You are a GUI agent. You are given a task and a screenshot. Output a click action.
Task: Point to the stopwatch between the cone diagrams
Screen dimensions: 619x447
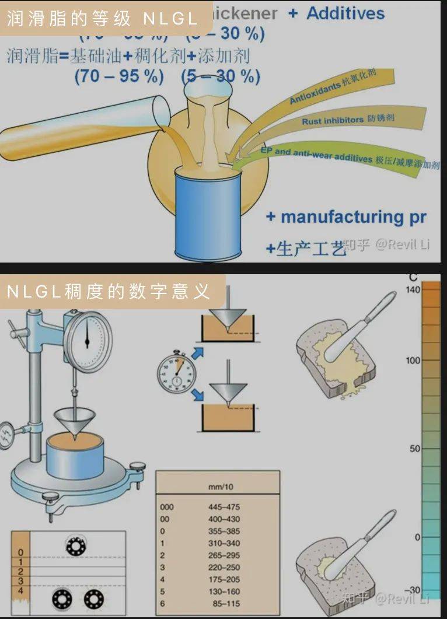coord(177,373)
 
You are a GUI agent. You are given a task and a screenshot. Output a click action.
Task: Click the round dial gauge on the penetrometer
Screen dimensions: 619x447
coord(88,341)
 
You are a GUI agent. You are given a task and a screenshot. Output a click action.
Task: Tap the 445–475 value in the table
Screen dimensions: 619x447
coord(223,507)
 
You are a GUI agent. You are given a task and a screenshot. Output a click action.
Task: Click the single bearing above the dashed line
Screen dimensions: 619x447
coord(75,546)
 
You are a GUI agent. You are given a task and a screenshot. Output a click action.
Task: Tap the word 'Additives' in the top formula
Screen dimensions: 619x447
coord(345,13)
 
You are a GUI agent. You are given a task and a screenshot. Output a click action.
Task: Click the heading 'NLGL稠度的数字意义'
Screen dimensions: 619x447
coord(109,291)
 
